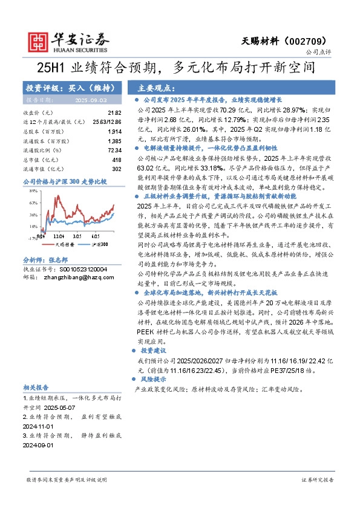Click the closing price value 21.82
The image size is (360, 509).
tap(114, 113)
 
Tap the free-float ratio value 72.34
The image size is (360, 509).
tap(114, 149)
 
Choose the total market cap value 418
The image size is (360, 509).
tap(117, 159)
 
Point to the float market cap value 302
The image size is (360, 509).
tap(117, 168)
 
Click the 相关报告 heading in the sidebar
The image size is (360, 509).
tap(36, 387)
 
